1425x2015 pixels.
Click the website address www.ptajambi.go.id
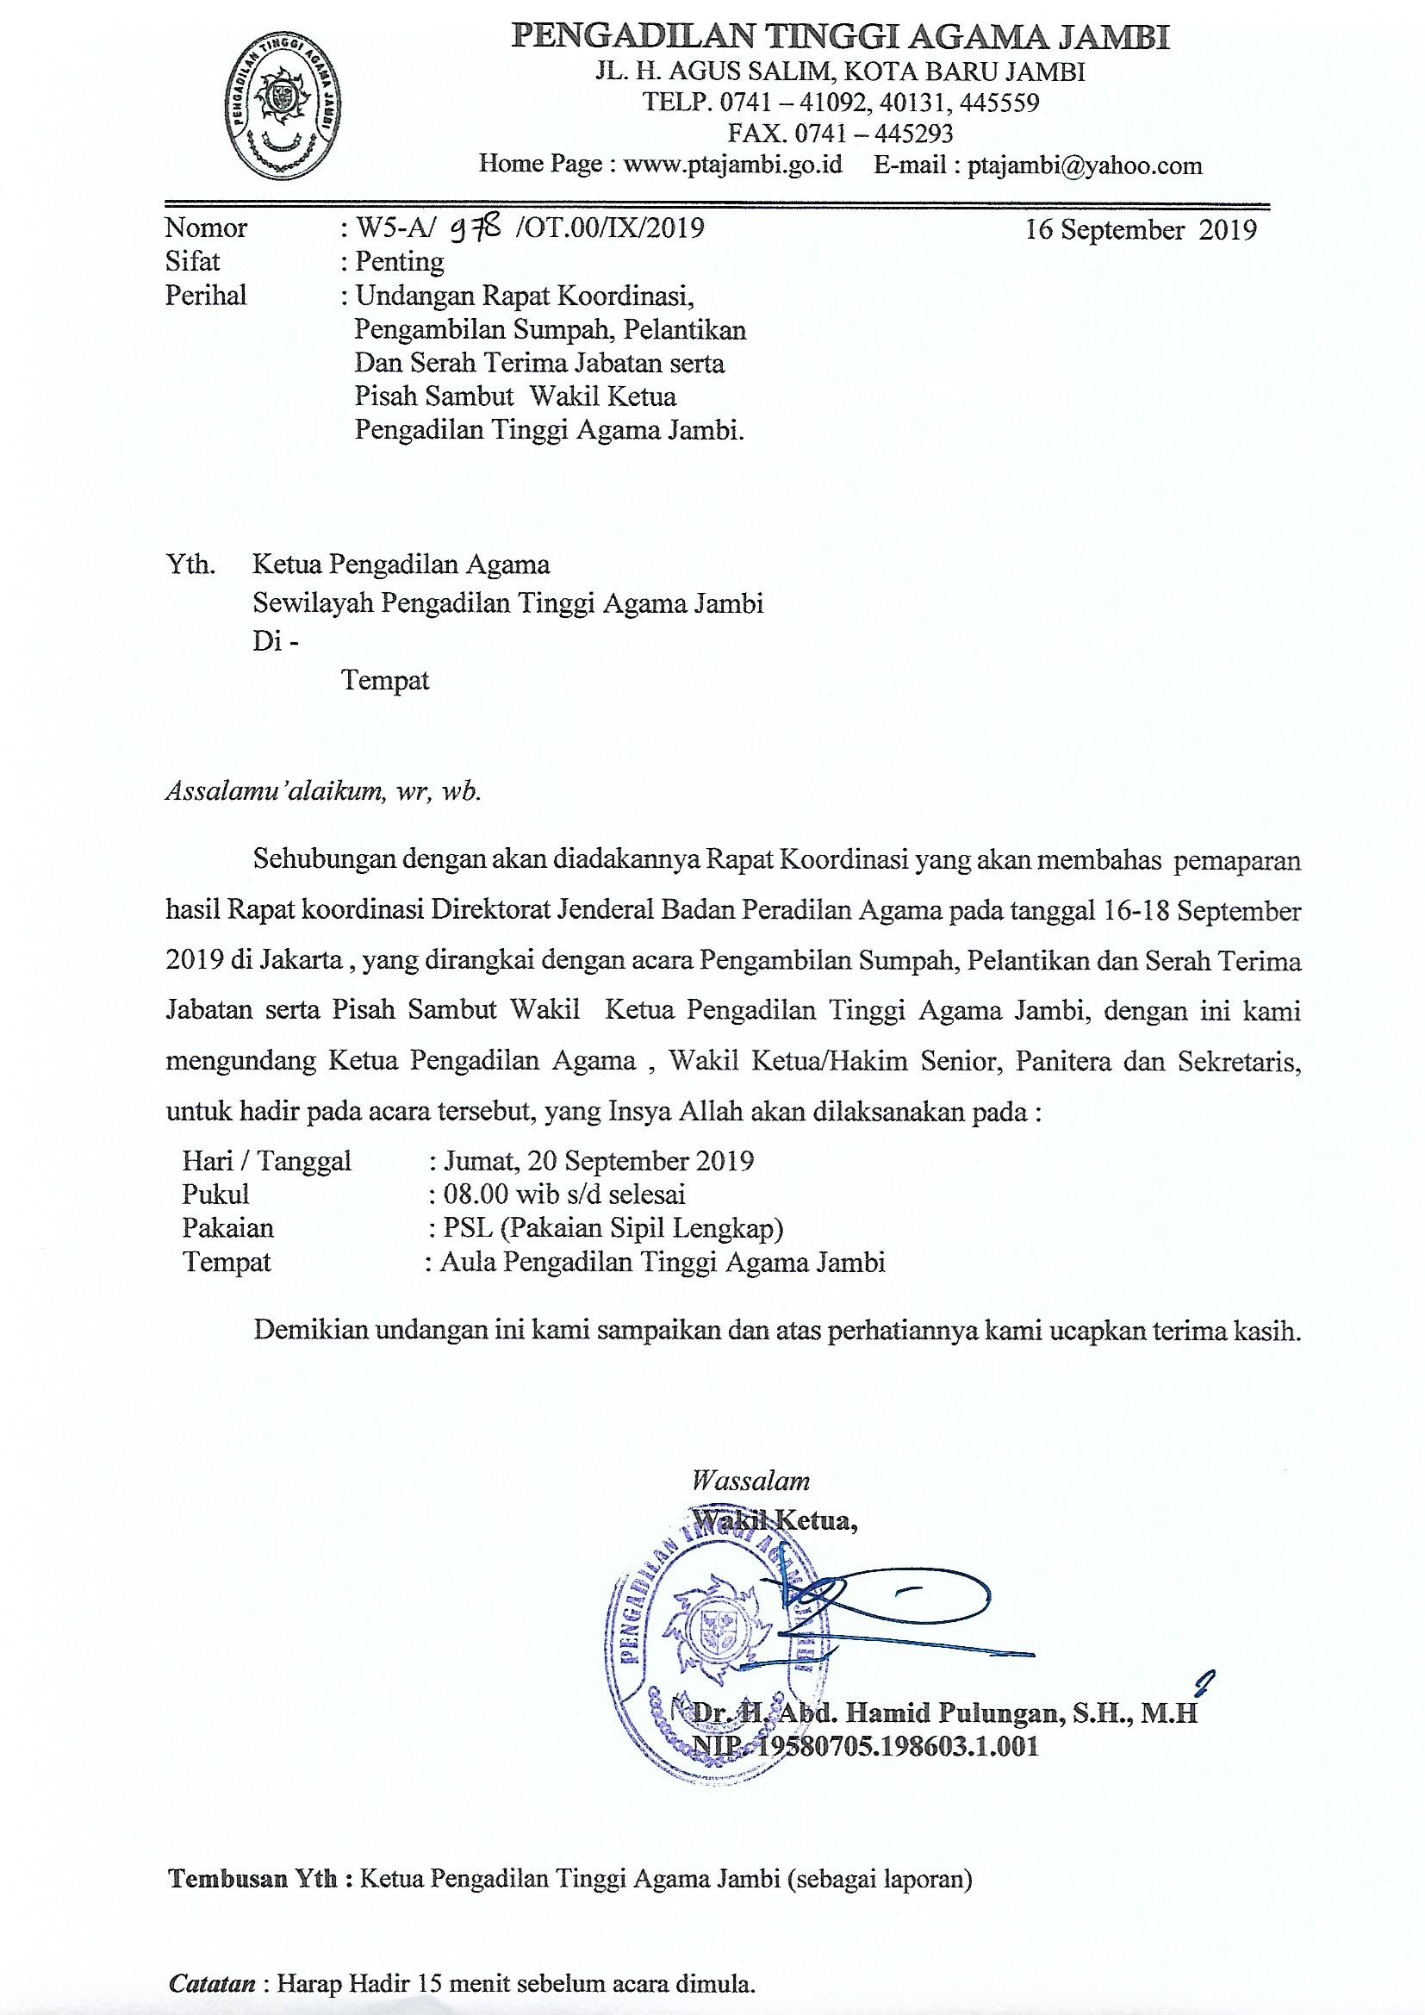tap(731, 165)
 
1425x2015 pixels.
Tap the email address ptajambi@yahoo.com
tap(1085, 165)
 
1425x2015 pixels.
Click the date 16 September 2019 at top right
tap(1141, 229)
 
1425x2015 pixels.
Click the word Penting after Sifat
tap(399, 261)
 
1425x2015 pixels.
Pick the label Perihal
tap(205, 295)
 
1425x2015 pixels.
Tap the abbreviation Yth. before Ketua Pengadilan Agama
tap(190, 564)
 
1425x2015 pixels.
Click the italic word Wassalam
tap(750, 1482)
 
